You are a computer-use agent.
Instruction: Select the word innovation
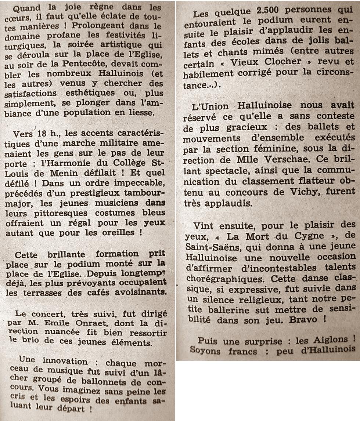[x=65, y=361]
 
